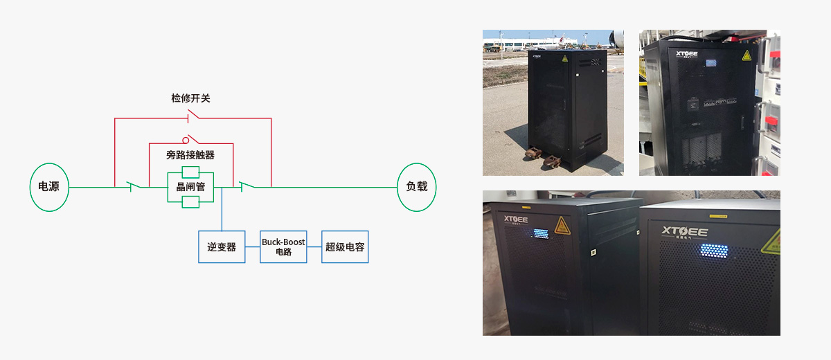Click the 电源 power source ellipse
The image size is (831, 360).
pos(49,187)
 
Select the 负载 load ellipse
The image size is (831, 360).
pos(416,187)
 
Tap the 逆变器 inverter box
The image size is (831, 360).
pos(222,247)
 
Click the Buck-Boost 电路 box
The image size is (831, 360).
pos(283,247)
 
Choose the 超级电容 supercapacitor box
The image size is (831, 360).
pos(345,247)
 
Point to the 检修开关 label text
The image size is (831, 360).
pos(190,98)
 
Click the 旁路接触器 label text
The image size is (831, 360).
pos(190,155)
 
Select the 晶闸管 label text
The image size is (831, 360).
pos(190,187)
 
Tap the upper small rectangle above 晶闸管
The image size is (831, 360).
pos(190,172)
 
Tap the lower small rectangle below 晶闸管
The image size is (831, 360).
pos(190,201)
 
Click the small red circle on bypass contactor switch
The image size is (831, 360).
pos(186,140)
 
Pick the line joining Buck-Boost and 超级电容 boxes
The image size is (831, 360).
pos(314,247)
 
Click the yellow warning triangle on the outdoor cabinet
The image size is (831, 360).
pos(565,60)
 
